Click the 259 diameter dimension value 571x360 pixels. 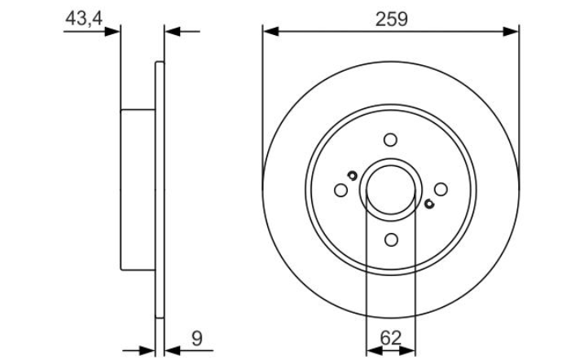(x=392, y=20)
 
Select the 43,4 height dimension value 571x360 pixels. (x=84, y=18)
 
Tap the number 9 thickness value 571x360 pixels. (x=196, y=339)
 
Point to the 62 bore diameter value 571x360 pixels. (x=390, y=338)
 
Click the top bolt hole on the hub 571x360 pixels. (x=390, y=140)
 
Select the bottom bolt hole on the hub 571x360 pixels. (x=391, y=239)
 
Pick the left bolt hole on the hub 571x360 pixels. (x=340, y=190)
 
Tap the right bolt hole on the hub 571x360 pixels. (x=441, y=189)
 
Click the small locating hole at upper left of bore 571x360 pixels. (x=352, y=175)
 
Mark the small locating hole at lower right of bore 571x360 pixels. (x=429, y=204)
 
